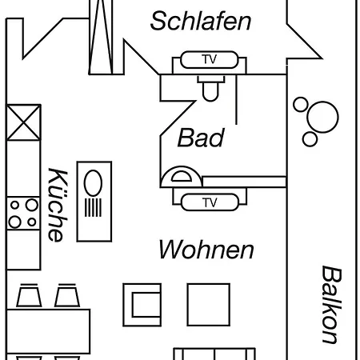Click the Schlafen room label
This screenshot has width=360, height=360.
tap(201, 21)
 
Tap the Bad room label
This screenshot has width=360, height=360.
tap(201, 138)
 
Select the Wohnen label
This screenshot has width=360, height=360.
tap(206, 250)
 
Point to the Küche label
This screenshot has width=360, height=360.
tap(58, 205)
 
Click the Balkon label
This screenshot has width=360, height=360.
tap(332, 304)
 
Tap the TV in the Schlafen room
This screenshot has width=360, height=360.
tap(210, 59)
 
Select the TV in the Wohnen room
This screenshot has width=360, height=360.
tap(210, 202)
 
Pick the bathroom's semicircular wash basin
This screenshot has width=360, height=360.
tap(182, 177)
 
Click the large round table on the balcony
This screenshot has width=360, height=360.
tap(322, 117)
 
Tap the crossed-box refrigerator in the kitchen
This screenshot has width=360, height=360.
tap(24, 122)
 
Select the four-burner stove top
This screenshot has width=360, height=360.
tap(23, 214)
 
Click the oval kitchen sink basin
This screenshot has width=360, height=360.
tap(93, 183)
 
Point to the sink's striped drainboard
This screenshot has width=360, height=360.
tap(93, 208)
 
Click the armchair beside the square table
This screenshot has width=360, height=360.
tap(142, 305)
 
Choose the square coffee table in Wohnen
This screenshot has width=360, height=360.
tap(209, 305)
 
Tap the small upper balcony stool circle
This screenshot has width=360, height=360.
tap(301, 104)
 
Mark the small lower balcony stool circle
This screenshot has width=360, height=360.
tap(310, 139)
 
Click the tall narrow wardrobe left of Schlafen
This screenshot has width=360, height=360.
tap(101, 37)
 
